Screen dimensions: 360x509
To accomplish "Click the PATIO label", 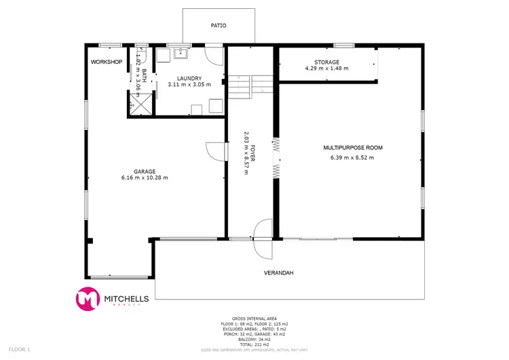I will point(219,26).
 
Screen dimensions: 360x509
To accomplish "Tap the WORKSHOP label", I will point(106,62).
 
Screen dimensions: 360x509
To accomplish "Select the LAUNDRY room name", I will point(189,78).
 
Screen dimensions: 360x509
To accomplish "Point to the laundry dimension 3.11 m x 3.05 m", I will point(189,85).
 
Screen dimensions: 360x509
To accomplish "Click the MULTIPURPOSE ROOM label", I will point(353,147).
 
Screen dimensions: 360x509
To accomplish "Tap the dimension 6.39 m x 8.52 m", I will point(352,158).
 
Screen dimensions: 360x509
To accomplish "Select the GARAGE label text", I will point(145,171).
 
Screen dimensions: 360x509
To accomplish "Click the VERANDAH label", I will point(278,274).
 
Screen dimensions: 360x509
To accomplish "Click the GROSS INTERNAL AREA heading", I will point(254,318).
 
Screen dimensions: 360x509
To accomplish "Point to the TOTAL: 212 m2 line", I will point(254,344).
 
